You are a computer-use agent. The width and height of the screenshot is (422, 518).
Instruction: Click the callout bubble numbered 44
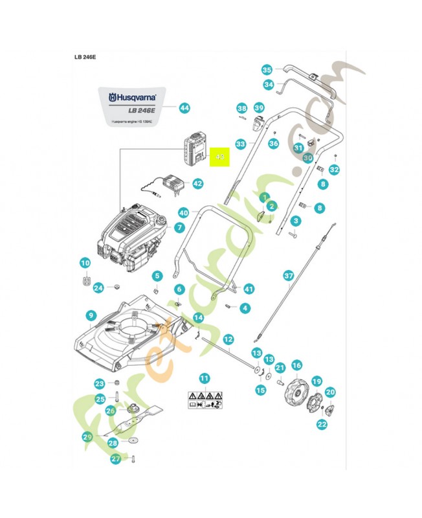184,108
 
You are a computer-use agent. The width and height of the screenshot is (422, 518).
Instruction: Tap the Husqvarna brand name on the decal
134,96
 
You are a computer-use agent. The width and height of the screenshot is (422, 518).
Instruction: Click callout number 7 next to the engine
179,228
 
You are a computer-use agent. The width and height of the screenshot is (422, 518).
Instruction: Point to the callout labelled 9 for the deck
91,315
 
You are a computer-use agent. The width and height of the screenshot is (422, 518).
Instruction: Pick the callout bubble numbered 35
267,70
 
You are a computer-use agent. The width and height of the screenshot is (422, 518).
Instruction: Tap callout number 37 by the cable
289,276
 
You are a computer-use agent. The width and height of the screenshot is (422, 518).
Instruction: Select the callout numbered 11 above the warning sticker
205,377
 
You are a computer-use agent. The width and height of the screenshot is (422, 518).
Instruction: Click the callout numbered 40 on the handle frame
183,212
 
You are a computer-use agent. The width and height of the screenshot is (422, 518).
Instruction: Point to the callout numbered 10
85,263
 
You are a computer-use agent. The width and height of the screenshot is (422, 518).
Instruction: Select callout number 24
98,287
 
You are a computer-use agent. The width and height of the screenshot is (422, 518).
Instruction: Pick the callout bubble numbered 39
259,107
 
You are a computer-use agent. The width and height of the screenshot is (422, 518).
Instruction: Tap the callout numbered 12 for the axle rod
228,339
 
